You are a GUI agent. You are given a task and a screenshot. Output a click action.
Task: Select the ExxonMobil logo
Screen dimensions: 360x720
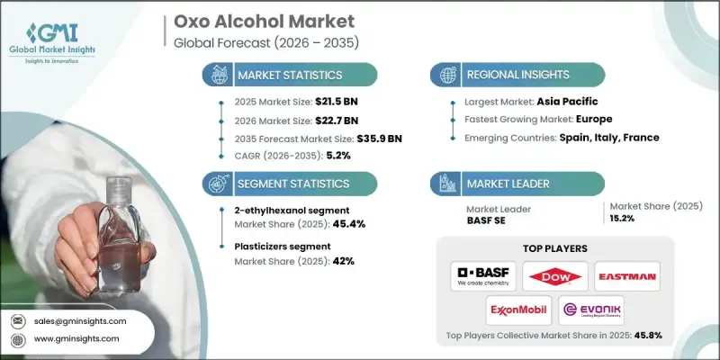(x=519, y=310)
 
